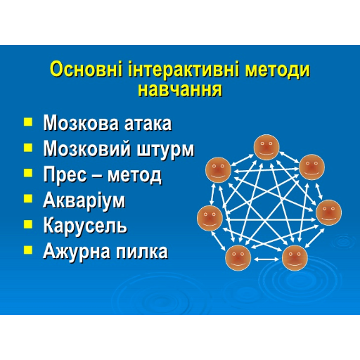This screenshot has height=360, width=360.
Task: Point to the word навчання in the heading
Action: point(180,90)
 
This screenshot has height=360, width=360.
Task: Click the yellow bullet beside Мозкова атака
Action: point(28,122)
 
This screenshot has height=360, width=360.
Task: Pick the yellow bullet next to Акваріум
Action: point(28,198)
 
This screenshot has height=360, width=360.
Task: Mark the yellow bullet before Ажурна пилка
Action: point(28,250)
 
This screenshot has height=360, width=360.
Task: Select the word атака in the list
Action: point(148,124)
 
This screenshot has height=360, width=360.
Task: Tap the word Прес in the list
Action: point(65,174)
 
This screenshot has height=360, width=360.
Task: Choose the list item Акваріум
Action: point(84,200)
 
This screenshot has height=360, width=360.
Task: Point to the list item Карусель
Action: point(85,226)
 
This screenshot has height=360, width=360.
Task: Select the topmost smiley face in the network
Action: point(266,147)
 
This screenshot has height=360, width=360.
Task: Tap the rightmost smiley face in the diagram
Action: point(328,212)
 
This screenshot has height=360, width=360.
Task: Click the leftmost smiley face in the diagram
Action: point(210,218)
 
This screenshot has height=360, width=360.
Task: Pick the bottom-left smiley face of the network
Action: point(238,257)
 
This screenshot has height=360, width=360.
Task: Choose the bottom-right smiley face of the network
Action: point(295,258)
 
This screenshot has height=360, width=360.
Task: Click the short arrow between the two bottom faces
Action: point(266,259)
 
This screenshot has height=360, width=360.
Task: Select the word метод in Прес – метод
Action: point(134,175)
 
